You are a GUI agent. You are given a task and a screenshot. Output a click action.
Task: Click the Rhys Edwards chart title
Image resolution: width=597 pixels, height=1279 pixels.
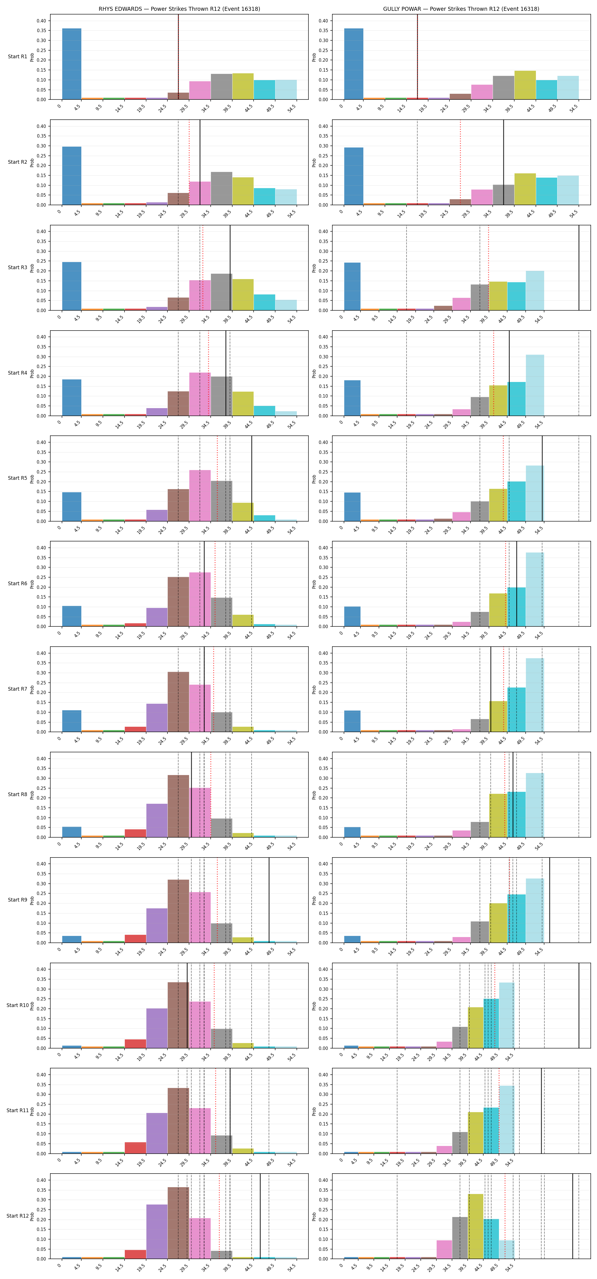pyautogui.click(x=179, y=9)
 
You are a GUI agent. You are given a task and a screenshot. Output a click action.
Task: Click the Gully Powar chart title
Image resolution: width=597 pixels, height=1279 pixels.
pyautogui.click(x=461, y=9)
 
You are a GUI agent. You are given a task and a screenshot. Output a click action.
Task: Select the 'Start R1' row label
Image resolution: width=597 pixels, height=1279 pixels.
pyautogui.click(x=17, y=57)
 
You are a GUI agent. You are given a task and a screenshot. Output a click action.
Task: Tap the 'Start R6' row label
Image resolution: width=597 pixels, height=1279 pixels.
pyautogui.click(x=17, y=584)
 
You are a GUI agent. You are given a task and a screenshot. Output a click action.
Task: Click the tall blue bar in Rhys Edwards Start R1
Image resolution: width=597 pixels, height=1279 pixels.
pyautogui.click(x=72, y=64)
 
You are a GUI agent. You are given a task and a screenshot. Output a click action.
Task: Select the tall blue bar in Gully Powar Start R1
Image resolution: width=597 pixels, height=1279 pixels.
pyautogui.click(x=354, y=64)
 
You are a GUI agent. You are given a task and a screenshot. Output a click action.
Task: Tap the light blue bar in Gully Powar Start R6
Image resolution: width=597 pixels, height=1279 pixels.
pyautogui.click(x=535, y=589)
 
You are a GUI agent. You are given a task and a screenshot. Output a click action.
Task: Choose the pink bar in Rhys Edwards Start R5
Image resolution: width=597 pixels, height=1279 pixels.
pyautogui.click(x=200, y=495)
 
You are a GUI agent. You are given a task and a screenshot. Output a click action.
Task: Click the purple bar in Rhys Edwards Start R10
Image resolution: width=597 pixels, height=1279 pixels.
pyautogui.click(x=157, y=1028)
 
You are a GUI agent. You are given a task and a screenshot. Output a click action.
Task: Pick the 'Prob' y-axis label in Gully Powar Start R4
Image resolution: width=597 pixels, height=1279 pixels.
pyautogui.click(x=314, y=373)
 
